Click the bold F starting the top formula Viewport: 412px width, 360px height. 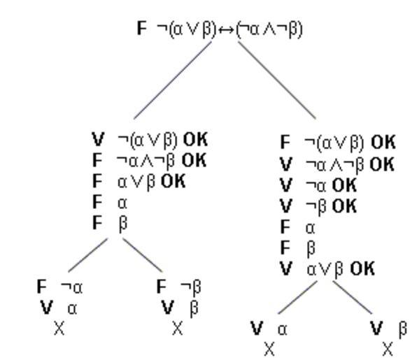pyautogui.click(x=141, y=28)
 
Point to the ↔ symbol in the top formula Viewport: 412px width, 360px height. pyautogui.click(x=226, y=30)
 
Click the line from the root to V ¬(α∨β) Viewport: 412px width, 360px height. pyautogui.click(x=173, y=80)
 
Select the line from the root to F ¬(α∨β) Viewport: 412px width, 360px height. pyautogui.click(x=277, y=80)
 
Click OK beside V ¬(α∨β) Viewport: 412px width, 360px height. pyautogui.click(x=195, y=139)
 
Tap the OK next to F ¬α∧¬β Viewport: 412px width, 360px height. pyautogui.click(x=194, y=160)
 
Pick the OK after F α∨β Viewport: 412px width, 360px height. pyautogui.click(x=173, y=181)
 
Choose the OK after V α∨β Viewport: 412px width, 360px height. pyautogui.click(x=362, y=268)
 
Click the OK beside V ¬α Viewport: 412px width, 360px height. pyautogui.click(x=344, y=185)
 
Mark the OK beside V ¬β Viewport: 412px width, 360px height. pyautogui.click(x=344, y=206)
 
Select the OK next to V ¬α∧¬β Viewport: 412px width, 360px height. pyautogui.click(x=382, y=164)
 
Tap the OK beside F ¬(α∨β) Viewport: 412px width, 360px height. pyautogui.click(x=383, y=143)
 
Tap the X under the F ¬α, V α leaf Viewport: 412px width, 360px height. pyautogui.click(x=59, y=329)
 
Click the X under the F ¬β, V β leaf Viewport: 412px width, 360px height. pyautogui.click(x=178, y=329)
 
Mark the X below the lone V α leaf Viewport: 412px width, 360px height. pyautogui.click(x=269, y=350)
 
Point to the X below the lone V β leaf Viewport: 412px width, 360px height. pyautogui.click(x=388, y=350)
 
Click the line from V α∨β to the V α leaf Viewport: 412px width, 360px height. pyautogui.click(x=298, y=298)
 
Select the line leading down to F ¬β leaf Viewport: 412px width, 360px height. pyautogui.click(x=143, y=255)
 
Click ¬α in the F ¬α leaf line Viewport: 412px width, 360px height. pyautogui.click(x=71, y=287)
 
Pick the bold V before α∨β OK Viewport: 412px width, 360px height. pyautogui.click(x=286, y=268)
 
